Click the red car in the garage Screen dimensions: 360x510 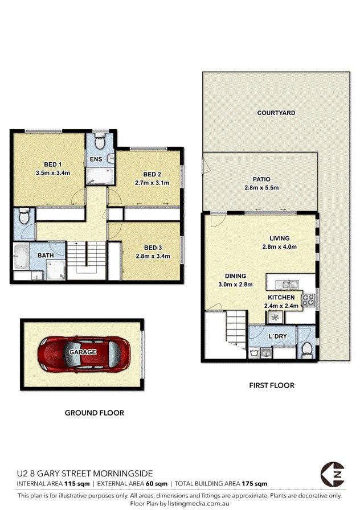[84, 354]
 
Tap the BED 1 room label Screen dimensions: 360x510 [53, 164]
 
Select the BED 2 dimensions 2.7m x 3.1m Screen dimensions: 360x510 [152, 183]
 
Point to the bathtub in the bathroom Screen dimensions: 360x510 [21, 257]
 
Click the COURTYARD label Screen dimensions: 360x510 [276, 113]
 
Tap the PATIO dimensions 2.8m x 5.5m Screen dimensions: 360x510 [261, 188]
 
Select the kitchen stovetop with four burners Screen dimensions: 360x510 [308, 300]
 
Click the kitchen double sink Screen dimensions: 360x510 [287, 285]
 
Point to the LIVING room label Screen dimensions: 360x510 [279, 238]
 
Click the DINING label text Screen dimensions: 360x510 [235, 276]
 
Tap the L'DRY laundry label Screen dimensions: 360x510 [277, 336]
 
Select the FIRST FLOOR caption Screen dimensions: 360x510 [272, 385]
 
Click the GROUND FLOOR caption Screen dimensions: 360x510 [95, 413]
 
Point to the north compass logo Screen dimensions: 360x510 [332, 475]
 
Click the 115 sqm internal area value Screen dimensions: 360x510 [77, 484]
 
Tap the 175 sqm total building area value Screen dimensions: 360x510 [254, 484]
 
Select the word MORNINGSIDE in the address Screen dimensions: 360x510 [123, 473]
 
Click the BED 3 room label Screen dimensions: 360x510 [153, 248]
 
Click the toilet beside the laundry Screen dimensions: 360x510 [307, 349]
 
